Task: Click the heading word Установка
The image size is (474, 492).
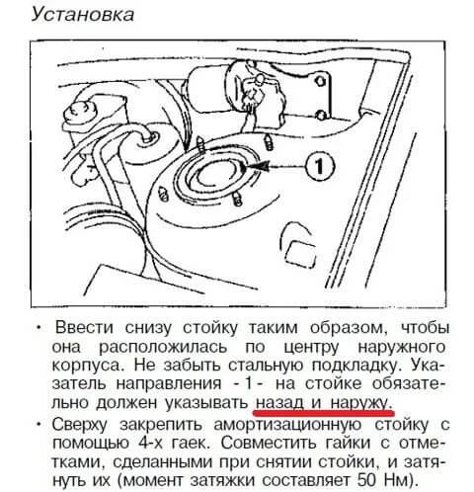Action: click(x=83, y=16)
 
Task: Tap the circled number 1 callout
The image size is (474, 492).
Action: click(x=319, y=166)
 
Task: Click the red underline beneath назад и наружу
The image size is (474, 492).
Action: click(x=324, y=413)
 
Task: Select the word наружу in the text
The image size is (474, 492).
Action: click(x=359, y=403)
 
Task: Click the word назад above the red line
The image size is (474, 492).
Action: click(x=279, y=402)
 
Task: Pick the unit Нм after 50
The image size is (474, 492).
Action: click(x=396, y=480)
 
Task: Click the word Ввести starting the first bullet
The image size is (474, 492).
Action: click(x=84, y=327)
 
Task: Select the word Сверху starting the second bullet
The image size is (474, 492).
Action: click(x=80, y=426)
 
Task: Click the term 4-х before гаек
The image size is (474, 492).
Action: click(x=149, y=443)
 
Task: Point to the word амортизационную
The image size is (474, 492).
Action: click(x=287, y=426)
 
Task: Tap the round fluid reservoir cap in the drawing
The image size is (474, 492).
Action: click(x=78, y=111)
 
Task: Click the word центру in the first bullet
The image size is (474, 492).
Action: click(x=311, y=348)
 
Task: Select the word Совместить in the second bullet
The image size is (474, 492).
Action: click(x=269, y=443)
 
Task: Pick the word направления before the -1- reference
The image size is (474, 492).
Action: click(x=169, y=384)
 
